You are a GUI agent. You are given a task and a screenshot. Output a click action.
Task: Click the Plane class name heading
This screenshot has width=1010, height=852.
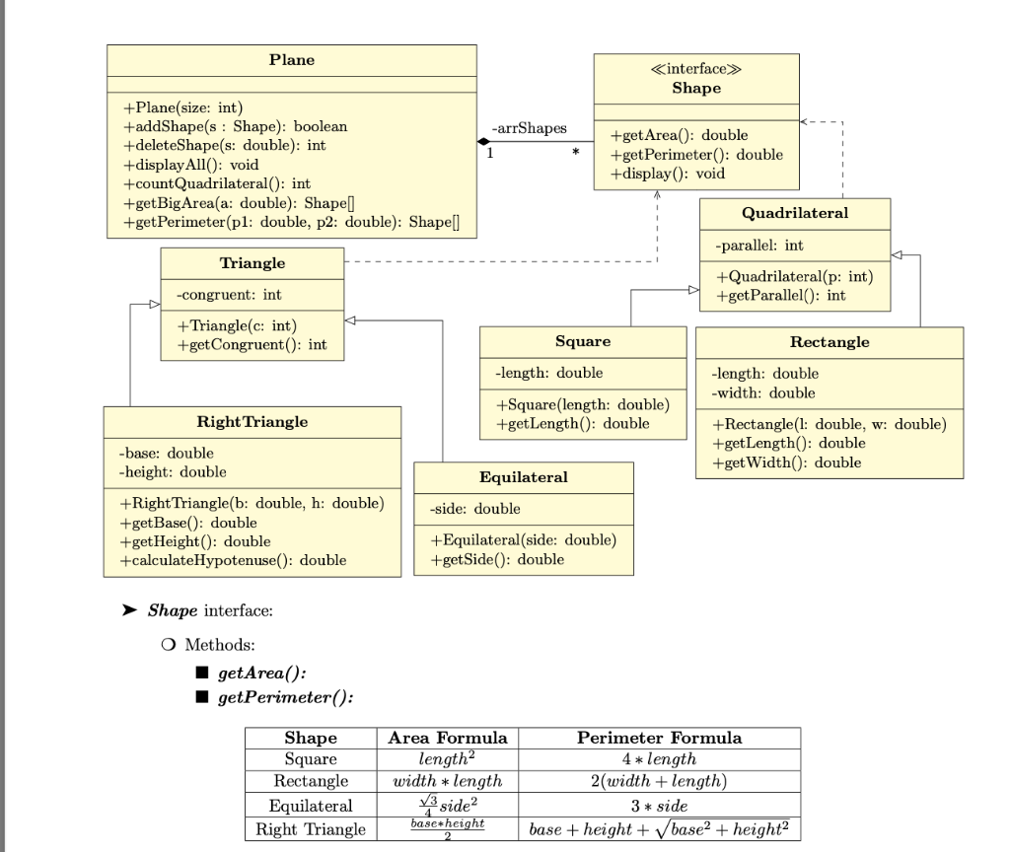point(292,60)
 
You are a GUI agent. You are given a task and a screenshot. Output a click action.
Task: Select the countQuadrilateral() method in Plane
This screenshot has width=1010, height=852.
point(216,183)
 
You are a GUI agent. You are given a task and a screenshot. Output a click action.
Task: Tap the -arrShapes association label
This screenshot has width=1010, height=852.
point(529,129)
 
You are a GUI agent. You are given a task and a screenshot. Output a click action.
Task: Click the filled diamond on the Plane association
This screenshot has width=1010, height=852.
point(484,142)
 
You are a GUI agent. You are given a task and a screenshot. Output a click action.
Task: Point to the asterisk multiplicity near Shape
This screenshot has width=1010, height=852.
point(575,155)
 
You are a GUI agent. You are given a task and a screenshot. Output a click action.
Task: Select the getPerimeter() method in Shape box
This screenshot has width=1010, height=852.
point(696,154)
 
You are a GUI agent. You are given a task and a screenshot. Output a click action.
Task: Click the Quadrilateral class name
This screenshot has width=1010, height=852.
point(794,213)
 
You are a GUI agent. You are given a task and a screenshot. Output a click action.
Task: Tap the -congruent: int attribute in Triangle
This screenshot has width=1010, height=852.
point(229,294)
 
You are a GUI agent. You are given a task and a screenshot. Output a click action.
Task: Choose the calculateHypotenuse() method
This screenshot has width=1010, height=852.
point(233,560)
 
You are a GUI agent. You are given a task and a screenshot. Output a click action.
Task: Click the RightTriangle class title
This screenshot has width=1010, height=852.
point(252,421)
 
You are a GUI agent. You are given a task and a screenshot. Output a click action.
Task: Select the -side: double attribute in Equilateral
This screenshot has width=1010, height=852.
point(475,509)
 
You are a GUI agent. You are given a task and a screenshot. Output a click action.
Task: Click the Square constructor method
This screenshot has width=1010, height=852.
point(582,405)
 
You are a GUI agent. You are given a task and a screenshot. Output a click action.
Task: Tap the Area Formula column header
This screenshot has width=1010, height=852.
point(448,738)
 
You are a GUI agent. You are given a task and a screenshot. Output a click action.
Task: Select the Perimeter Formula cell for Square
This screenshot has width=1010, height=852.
point(659,759)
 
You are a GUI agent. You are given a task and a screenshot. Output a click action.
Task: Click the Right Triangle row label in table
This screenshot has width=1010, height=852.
point(311,828)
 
